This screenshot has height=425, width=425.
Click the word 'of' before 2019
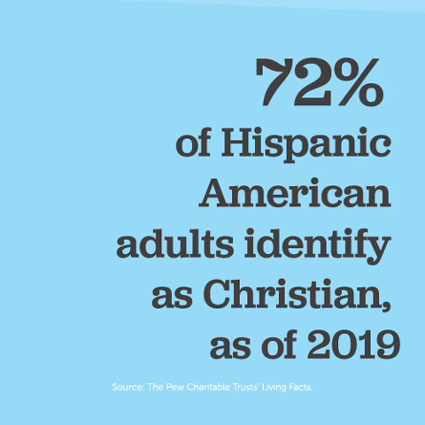tap(282, 343)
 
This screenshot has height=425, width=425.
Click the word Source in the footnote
tap(128, 387)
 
